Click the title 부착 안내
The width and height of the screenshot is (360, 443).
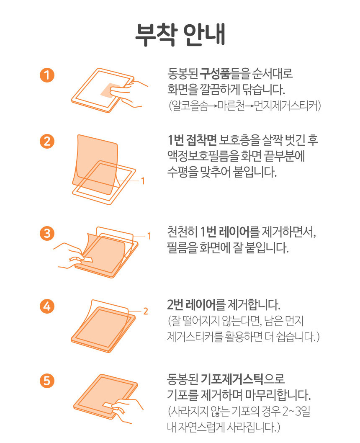click(180, 34)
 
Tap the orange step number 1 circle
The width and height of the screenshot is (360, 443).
click(47, 75)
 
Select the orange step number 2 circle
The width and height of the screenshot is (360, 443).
click(47, 141)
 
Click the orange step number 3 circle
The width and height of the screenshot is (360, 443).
click(47, 233)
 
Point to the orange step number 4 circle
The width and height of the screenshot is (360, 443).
click(47, 306)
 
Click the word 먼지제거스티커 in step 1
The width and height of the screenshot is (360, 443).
click(286, 106)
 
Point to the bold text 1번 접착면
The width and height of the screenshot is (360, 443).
click(192, 139)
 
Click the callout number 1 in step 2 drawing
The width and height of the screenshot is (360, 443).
click(143, 181)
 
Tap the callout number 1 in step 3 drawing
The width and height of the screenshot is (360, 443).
click(149, 236)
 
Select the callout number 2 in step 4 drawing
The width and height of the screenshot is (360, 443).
click(145, 311)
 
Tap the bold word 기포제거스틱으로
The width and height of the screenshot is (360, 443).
click(242, 379)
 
